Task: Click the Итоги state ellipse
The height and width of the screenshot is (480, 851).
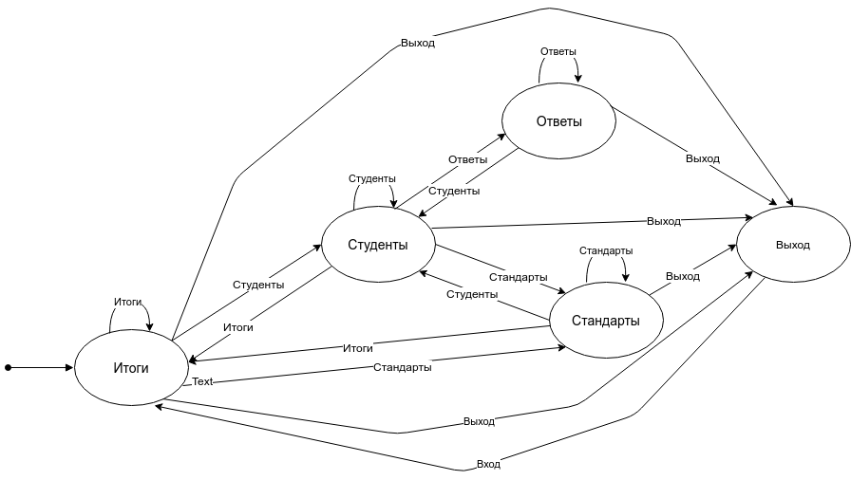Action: [131, 367]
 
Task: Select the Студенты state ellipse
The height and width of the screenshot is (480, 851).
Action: [378, 245]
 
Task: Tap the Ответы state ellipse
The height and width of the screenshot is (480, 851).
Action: [559, 120]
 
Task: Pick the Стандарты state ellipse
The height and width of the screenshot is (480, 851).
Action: [606, 321]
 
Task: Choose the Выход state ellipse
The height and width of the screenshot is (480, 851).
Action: [793, 245]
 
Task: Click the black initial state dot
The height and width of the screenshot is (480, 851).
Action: [9, 368]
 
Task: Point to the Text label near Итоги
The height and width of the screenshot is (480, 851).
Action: [202, 381]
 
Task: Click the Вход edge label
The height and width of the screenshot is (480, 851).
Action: [488, 464]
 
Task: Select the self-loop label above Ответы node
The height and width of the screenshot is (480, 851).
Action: [558, 51]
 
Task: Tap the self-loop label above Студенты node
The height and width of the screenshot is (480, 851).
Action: [371, 178]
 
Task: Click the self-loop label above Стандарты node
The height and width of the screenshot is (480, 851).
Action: [606, 250]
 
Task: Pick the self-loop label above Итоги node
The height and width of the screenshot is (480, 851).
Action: [127, 302]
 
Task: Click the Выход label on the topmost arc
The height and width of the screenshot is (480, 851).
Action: [417, 43]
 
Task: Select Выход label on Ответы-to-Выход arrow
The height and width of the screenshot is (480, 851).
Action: [702, 158]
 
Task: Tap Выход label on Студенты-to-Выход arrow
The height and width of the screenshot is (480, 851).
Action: [663, 221]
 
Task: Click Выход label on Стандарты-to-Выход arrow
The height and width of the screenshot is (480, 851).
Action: [683, 276]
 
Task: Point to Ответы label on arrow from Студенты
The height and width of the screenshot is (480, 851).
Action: [468, 159]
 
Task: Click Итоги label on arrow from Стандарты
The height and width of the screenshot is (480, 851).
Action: [358, 348]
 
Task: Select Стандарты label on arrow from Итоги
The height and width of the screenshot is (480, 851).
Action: [402, 367]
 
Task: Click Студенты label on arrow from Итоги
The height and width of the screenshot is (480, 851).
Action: [258, 285]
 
